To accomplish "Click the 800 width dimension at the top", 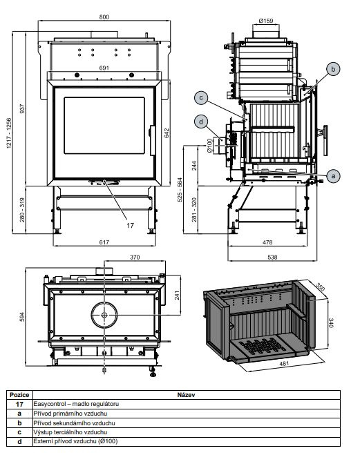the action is (104, 17).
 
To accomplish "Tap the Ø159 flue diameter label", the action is (266, 21).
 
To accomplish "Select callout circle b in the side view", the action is (333, 69).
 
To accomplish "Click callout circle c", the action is (201, 97).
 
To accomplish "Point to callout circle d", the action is (201, 122).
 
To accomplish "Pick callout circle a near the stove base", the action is (333, 175).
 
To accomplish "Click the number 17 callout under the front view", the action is (130, 225).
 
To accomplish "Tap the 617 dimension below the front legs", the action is (104, 242).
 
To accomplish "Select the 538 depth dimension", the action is (272, 257).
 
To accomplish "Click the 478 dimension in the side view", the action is (267, 242).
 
